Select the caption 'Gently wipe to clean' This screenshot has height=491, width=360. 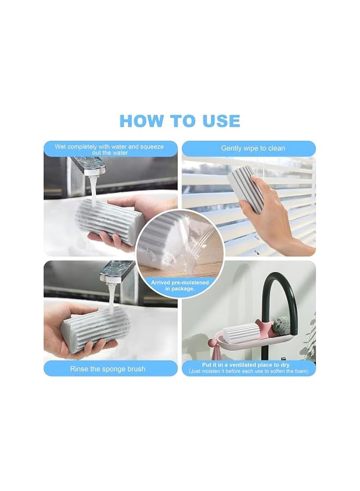point(253,148)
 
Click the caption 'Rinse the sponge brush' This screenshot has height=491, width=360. point(107,369)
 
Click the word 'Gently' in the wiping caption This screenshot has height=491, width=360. point(231,148)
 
